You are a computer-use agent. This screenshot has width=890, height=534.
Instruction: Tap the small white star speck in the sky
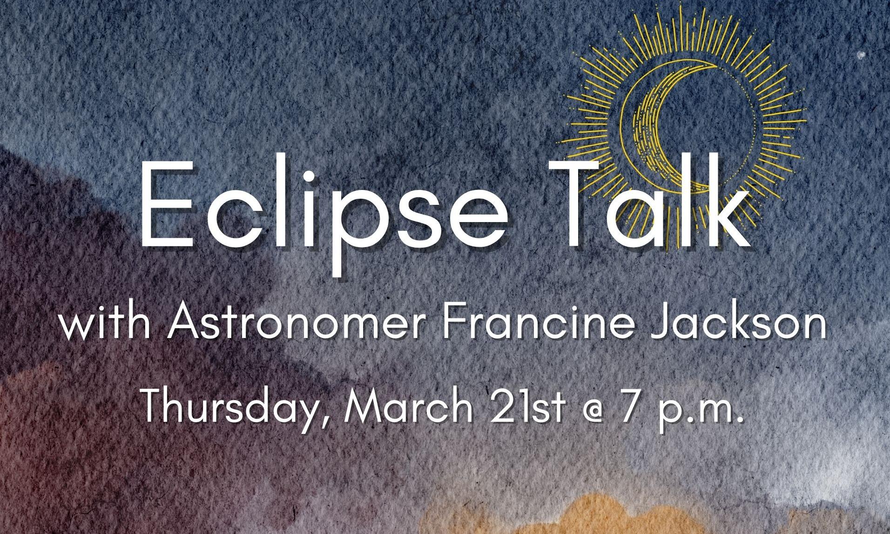click(x=861, y=55)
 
